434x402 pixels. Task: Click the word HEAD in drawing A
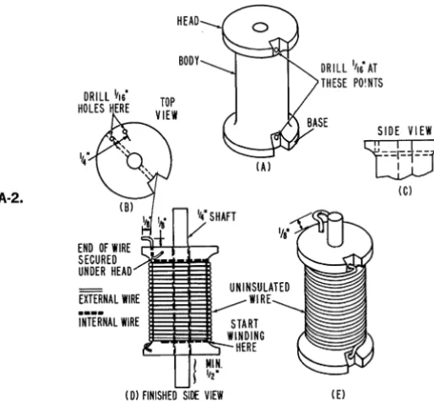(188, 21)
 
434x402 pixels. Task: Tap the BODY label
(189, 61)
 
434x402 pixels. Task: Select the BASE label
(317, 122)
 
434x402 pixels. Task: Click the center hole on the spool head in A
(260, 28)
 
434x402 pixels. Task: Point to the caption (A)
(263, 167)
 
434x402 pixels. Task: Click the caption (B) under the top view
(127, 208)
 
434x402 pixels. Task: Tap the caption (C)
(405, 191)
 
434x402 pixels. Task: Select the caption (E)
(338, 394)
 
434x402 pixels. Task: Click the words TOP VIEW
(167, 109)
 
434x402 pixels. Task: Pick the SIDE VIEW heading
(404, 131)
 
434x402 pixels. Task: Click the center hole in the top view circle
(134, 160)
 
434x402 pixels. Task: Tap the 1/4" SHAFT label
(217, 216)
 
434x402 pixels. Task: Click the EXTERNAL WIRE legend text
(109, 299)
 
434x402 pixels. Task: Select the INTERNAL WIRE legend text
(109, 322)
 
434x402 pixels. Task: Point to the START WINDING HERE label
(246, 335)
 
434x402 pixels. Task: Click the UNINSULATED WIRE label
(259, 293)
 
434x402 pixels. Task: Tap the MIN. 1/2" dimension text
(214, 371)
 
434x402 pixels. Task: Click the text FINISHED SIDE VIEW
(182, 395)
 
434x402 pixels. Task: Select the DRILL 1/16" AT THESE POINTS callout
(352, 75)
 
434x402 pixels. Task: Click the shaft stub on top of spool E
(336, 230)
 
